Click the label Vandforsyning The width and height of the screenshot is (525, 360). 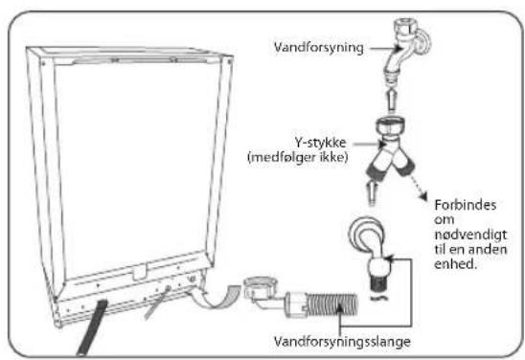pyautogui.click(x=318, y=48)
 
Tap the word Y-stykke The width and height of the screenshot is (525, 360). pyautogui.click(x=320, y=144)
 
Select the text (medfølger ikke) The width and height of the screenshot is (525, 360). pyautogui.click(x=298, y=157)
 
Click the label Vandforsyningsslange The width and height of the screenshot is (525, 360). pyautogui.click(x=342, y=342)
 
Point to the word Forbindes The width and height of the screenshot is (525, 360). pyautogui.click(x=465, y=205)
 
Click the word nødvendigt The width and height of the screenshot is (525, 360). pyautogui.click(x=470, y=235)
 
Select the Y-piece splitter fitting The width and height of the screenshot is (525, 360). pyautogui.click(x=391, y=147)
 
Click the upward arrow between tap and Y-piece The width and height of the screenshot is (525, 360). pyautogui.click(x=392, y=99)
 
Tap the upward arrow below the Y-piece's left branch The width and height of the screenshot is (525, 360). pyautogui.click(x=372, y=192)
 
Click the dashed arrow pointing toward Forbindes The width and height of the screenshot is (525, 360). pyautogui.click(x=419, y=187)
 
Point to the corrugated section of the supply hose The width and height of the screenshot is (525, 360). pyautogui.click(x=332, y=304)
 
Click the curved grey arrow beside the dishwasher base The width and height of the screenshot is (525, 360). pyautogui.click(x=217, y=298)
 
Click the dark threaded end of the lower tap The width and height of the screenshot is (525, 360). pyautogui.click(x=380, y=283)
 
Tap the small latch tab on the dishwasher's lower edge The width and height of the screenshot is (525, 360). pyautogui.click(x=140, y=272)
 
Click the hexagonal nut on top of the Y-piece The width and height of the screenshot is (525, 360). pyautogui.click(x=390, y=125)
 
